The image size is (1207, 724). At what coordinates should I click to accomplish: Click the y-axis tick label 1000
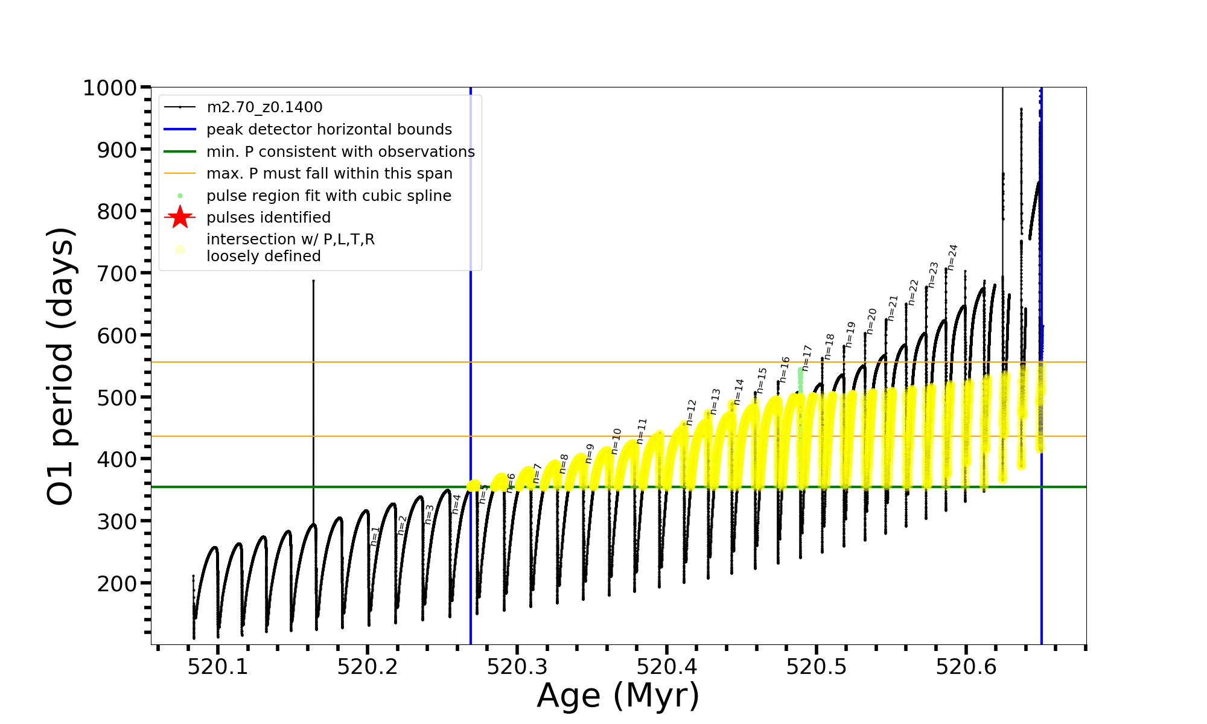pos(110,88)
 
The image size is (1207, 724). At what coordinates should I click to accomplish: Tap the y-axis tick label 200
pos(117,583)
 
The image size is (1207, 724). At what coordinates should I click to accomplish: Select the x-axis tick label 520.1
pos(218,667)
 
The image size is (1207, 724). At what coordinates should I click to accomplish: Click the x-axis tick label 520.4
pos(667,667)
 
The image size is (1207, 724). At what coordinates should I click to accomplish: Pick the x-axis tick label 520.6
pos(966,667)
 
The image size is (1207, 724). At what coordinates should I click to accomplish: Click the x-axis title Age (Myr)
pos(618,696)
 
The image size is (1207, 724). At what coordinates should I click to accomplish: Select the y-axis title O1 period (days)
pos(60,366)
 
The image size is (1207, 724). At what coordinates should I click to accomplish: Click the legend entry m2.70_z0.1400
pos(264,107)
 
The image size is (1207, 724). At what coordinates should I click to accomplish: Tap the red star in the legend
pos(180,217)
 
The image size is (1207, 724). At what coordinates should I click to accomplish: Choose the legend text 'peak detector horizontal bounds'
pos(329,130)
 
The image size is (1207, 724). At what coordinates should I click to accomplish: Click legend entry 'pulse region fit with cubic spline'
pos(329,196)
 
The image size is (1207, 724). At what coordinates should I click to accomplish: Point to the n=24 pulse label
pos(952,257)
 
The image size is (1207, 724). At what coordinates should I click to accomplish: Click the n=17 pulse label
pos(807,358)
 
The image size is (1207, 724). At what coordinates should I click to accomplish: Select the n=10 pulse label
pos(616,441)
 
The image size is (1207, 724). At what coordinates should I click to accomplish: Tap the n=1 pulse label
pos(375,536)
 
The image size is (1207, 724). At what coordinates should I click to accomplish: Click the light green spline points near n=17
pos(800,378)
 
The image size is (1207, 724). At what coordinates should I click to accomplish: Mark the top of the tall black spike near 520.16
pos(313,281)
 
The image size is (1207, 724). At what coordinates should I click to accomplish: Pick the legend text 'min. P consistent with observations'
pos(340,152)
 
